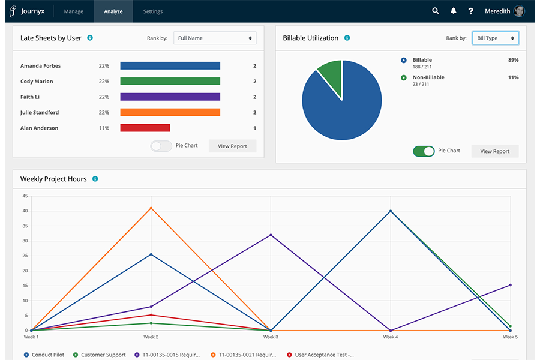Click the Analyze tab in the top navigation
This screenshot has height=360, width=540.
point(113,11)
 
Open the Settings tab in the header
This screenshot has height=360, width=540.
point(153,11)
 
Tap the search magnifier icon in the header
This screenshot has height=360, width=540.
point(436,11)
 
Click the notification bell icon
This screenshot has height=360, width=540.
point(453,11)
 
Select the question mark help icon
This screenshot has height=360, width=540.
point(470,11)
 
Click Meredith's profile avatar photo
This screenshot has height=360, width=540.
point(519,11)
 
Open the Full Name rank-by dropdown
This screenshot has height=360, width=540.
point(215,38)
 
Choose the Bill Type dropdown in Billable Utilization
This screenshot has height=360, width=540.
point(495,38)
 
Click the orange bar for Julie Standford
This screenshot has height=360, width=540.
point(170,112)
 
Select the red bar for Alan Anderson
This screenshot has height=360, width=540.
point(145,128)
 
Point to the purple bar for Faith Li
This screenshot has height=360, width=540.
point(170,97)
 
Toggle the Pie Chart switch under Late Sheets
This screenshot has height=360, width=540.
point(161,146)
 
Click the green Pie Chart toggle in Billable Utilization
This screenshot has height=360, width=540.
point(424,151)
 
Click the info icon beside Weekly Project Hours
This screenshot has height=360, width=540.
point(95,179)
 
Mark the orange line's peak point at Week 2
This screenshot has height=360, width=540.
point(151,208)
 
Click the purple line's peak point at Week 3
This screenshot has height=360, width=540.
point(271,235)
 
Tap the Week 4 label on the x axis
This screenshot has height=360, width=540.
point(390,337)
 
